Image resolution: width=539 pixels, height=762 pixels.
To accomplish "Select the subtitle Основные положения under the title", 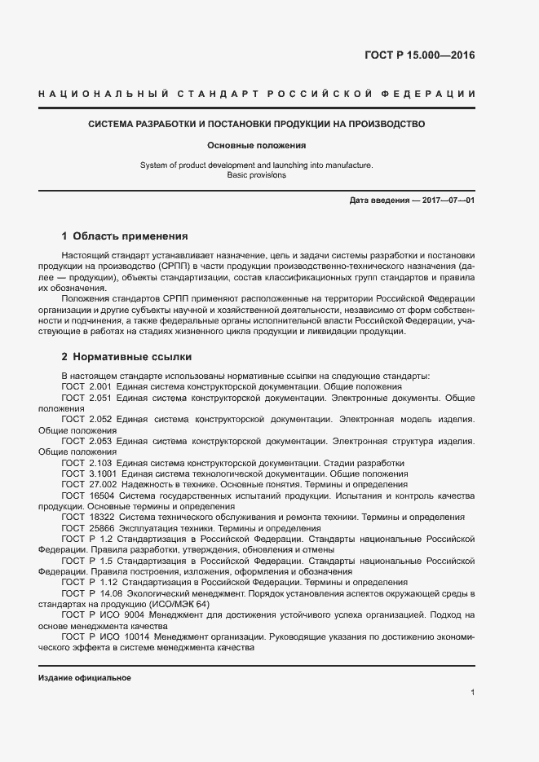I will (x=256, y=146).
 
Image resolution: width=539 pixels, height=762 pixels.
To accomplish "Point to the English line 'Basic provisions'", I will (x=256, y=175).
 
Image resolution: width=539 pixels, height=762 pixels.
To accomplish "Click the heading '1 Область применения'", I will (x=125, y=236).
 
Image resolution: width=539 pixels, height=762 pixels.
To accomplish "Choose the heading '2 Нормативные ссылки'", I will (x=126, y=358).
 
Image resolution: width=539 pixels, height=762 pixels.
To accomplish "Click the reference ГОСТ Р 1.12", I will (x=90, y=583).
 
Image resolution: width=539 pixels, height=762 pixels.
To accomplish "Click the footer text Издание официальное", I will (x=85, y=678).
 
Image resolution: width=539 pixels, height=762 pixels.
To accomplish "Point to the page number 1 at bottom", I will (x=472, y=693).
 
